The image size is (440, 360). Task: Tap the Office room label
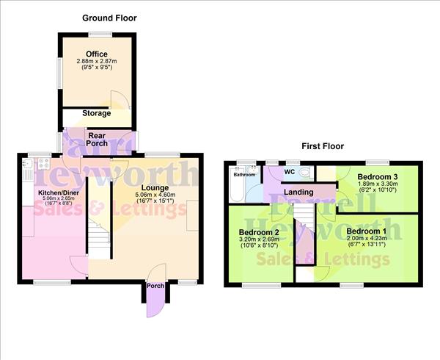[96, 54]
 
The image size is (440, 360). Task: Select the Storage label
[96, 113]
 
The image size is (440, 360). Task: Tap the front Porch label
[155, 287]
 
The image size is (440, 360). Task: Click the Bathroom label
[244, 175]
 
